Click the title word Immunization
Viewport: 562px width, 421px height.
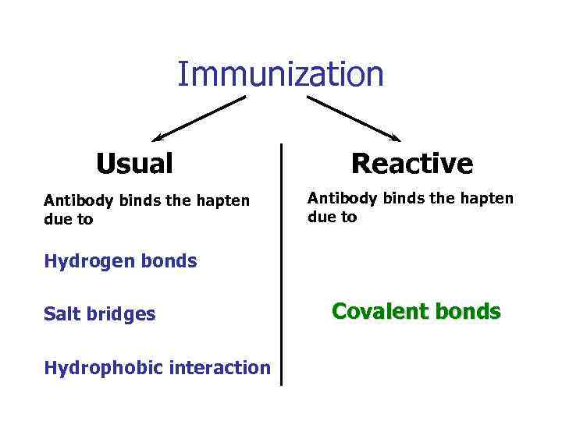click(x=280, y=75)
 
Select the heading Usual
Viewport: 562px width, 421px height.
click(x=134, y=165)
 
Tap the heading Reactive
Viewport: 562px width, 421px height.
click(x=411, y=165)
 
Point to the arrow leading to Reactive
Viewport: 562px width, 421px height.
click(x=353, y=119)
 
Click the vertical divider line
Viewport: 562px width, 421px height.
click(x=281, y=265)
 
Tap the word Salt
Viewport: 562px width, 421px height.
click(x=61, y=314)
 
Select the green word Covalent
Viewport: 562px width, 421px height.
click(x=376, y=312)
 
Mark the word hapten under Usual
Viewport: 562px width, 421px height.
click(x=222, y=201)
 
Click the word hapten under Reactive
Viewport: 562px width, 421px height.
click(x=486, y=199)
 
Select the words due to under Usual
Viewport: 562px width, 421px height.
click(x=68, y=220)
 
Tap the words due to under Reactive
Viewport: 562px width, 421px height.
click(x=332, y=218)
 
